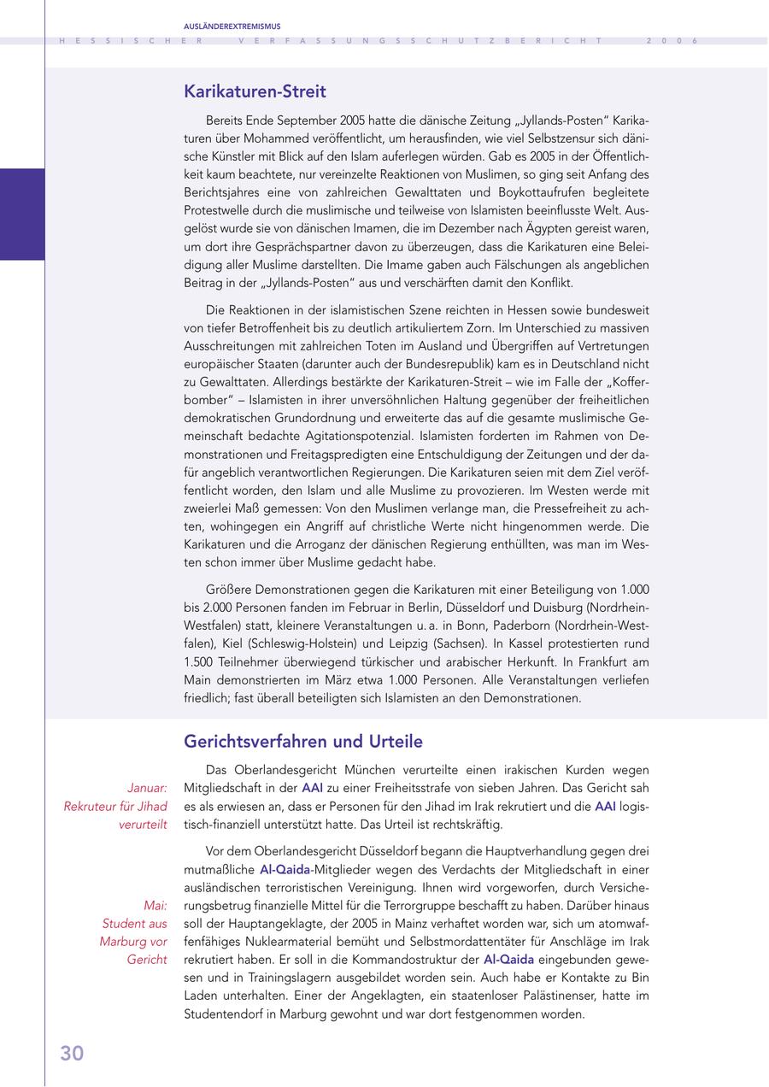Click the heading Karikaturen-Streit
click(255, 91)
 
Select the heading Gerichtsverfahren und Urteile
click(303, 741)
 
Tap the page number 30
click(72, 1054)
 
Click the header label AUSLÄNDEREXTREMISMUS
click(232, 26)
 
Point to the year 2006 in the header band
click(672, 41)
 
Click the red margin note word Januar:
click(147, 788)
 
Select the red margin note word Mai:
click(156, 905)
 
